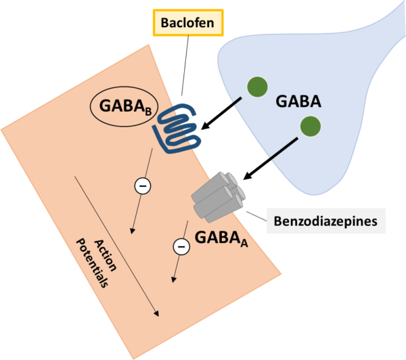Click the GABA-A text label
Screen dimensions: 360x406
(x=221, y=238)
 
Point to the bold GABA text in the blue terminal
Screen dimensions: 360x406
(x=298, y=102)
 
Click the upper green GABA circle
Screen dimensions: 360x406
(x=256, y=87)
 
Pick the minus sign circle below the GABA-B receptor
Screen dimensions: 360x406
(x=142, y=185)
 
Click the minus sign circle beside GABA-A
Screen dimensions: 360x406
(x=181, y=247)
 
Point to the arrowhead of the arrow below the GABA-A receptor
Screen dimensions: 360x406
(x=175, y=280)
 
